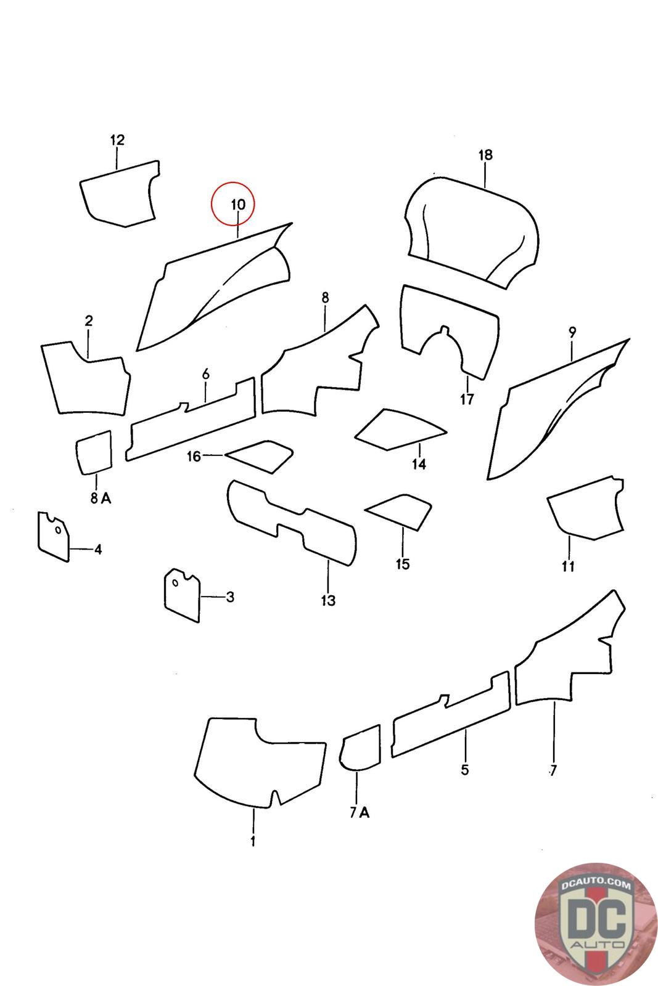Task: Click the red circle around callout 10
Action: coord(233,182)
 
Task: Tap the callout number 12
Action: coord(117,140)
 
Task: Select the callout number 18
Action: coord(485,155)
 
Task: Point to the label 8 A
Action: coord(101,499)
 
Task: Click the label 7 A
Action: coord(360,813)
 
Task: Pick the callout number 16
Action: coord(194,457)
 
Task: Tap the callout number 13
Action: coord(328,600)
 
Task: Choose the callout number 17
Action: coord(467,399)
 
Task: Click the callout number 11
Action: coord(568,566)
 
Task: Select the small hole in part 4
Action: coord(58,530)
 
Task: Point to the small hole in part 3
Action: coord(175,583)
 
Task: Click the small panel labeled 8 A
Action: coord(94,452)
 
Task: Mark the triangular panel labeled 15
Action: coord(398,512)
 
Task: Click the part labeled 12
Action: coord(120,194)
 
